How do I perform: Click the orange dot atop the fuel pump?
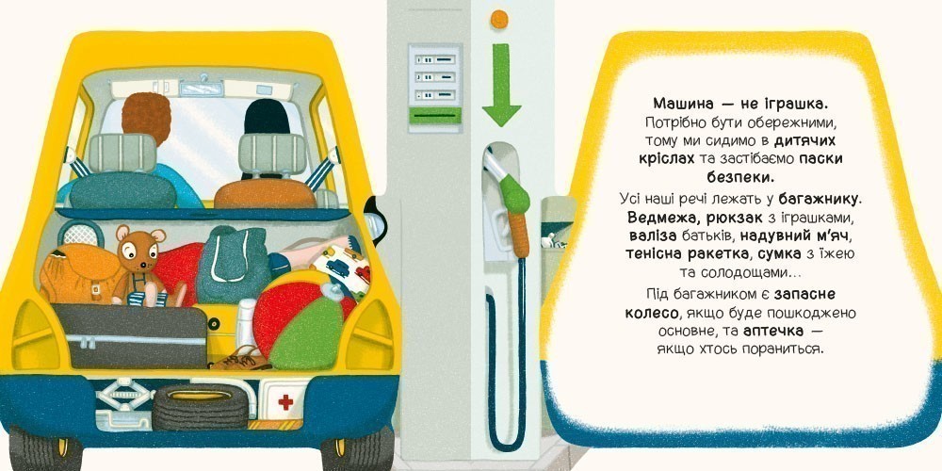[500, 16]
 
